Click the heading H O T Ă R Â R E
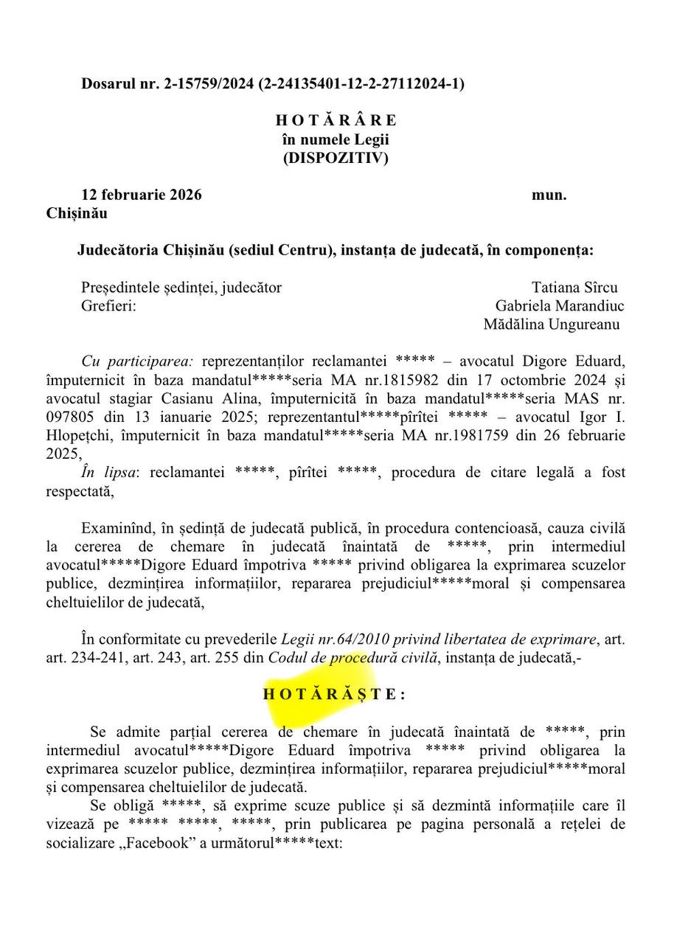(336, 120)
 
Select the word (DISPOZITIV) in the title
(336, 158)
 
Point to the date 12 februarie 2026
(141, 195)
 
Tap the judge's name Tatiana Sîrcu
(574, 287)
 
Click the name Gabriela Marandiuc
(560, 305)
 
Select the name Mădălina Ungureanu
(552, 324)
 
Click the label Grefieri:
(108, 305)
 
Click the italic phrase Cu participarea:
(137, 361)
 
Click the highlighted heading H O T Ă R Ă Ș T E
(334, 694)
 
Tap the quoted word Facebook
(156, 843)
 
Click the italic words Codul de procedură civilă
(353, 657)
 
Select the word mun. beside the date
(549, 195)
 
